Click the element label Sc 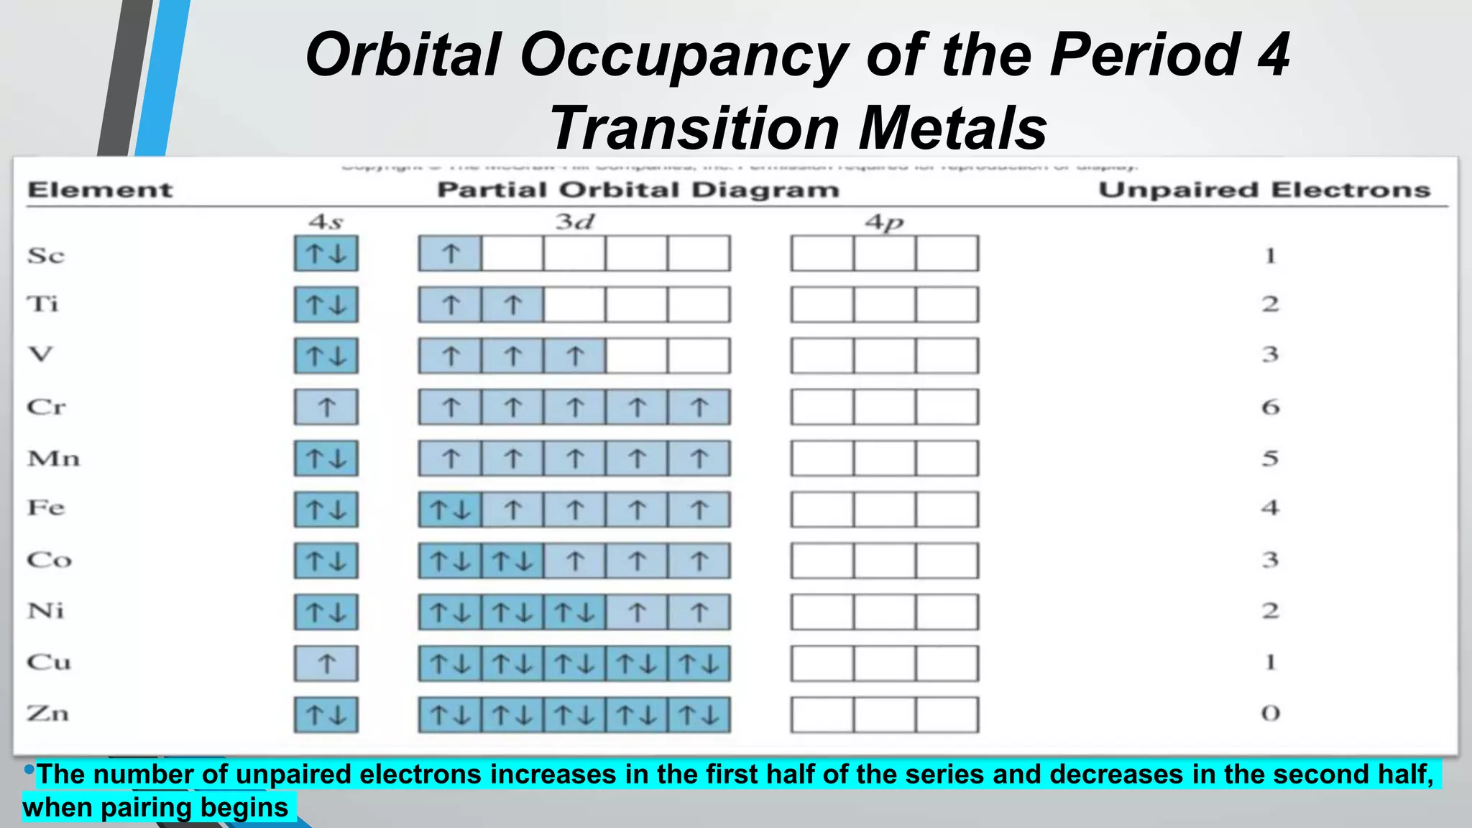[x=46, y=255]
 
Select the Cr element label [x=47, y=407]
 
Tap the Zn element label [x=48, y=714]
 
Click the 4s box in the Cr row [x=326, y=408]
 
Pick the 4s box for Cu [x=326, y=663]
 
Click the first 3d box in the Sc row [x=451, y=254]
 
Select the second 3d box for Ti [x=512, y=305]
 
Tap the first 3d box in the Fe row [x=451, y=510]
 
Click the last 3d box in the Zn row [x=699, y=715]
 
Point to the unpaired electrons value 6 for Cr [x=1270, y=408]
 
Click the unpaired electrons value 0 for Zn [x=1270, y=714]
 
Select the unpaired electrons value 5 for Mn [x=1270, y=459]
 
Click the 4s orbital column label [x=326, y=222]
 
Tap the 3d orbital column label [x=574, y=222]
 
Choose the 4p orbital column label [x=884, y=222]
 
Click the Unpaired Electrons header [x=1264, y=190]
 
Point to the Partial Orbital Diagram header [x=638, y=190]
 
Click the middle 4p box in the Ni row [x=885, y=612]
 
